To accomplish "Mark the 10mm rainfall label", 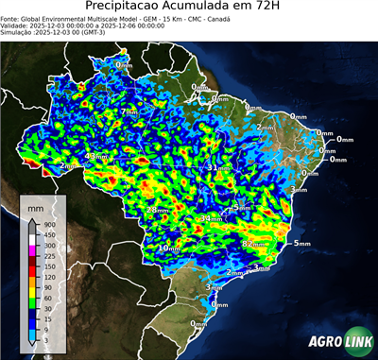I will pyautogui.click(x=168, y=249).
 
